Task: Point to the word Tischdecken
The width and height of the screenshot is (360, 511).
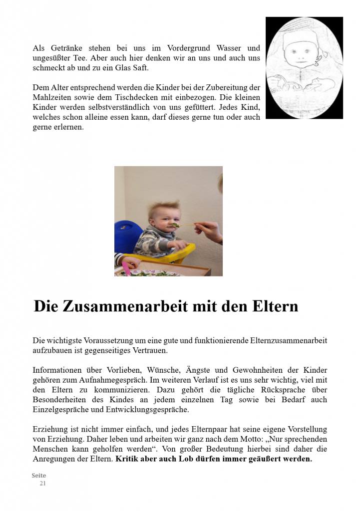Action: coord(129,98)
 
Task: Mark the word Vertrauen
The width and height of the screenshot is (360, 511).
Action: coord(147,350)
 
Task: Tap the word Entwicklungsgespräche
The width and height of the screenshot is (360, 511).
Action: coord(149,409)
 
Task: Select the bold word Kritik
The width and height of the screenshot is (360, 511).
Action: coord(128,459)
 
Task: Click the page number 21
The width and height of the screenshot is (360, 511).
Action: coord(43,484)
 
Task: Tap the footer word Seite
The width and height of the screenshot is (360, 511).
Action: coord(38,476)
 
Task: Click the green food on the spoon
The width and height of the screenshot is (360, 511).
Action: coord(176,225)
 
